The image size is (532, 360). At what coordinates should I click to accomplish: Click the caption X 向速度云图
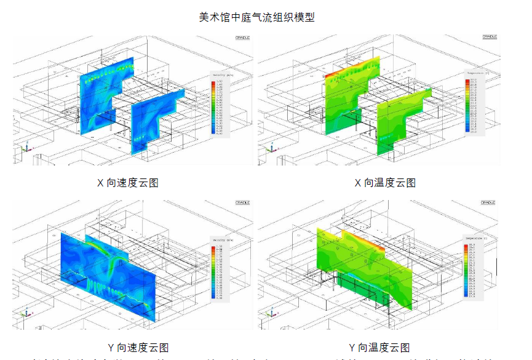pos(128,183)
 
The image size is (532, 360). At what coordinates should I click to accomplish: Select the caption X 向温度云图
pos(385,183)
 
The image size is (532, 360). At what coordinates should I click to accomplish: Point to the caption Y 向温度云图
pos(379,348)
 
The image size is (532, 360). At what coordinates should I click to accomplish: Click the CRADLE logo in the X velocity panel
pos(242,38)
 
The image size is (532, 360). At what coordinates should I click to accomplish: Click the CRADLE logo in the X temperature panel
pos(489,37)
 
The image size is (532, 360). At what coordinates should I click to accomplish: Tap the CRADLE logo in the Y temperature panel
pos(489,202)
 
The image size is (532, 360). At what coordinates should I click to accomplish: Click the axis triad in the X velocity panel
pos(25,148)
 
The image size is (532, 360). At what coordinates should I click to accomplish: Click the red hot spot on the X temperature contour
pos(330,75)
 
